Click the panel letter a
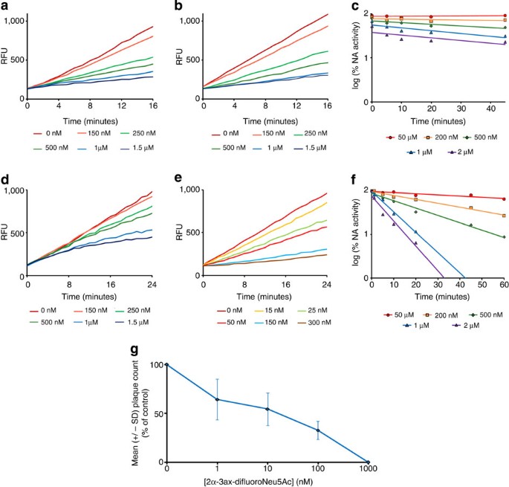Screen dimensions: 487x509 pyautogui.click(x=5, y=6)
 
